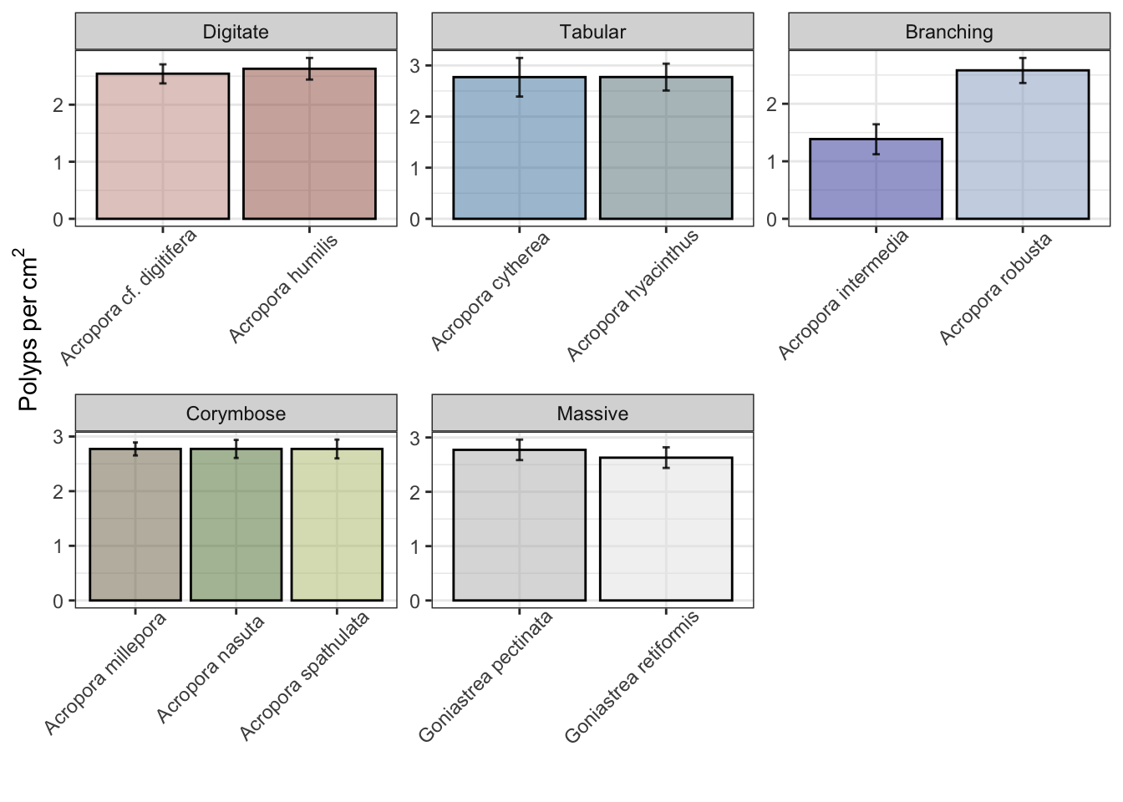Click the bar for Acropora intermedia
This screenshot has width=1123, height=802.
(x=876, y=180)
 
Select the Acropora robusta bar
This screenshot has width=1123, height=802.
(x=1022, y=145)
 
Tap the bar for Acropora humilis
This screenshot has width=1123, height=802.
(x=309, y=145)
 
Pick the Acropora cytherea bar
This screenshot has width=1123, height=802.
(x=519, y=149)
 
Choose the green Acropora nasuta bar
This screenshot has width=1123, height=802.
(x=236, y=525)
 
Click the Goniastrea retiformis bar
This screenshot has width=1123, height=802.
(x=666, y=529)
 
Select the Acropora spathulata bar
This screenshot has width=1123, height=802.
(x=337, y=525)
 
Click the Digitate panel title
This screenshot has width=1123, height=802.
(x=236, y=33)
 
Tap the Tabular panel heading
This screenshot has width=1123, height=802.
(x=592, y=33)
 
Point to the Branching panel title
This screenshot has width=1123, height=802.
(x=949, y=33)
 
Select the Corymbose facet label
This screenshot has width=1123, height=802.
(x=236, y=414)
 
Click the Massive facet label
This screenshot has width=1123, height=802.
(x=592, y=414)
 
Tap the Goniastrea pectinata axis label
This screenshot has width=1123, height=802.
(x=485, y=678)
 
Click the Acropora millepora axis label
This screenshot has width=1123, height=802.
(x=105, y=673)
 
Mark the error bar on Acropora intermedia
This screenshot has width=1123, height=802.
(x=876, y=139)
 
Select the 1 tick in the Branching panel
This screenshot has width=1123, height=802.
(x=772, y=162)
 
